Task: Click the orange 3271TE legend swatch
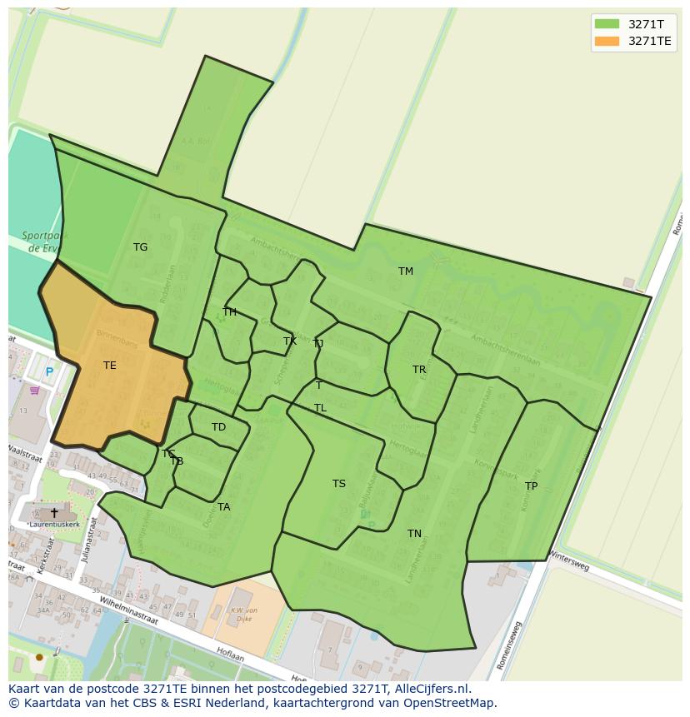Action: click(607, 41)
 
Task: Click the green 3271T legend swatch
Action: click(607, 24)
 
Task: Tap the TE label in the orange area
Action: click(110, 366)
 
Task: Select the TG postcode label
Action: click(140, 247)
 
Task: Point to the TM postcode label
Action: click(406, 271)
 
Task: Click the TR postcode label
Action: click(419, 370)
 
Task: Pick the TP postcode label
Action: click(531, 486)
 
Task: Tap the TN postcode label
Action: click(414, 534)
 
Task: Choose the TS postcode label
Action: click(338, 484)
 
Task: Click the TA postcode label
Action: click(223, 507)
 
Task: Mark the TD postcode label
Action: click(218, 427)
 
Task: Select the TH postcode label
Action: click(229, 312)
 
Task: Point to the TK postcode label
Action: click(290, 341)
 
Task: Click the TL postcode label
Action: click(320, 408)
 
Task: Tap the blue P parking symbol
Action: click(49, 372)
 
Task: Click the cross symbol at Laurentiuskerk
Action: click(54, 513)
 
